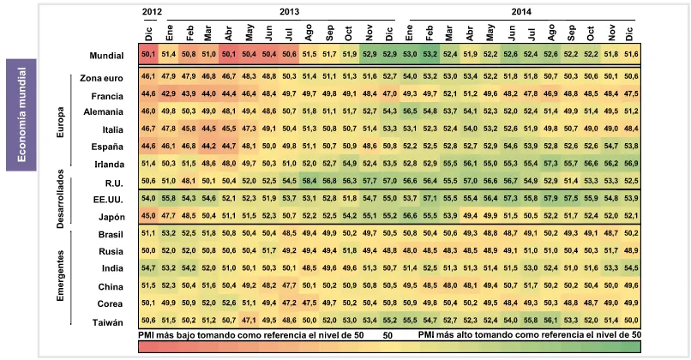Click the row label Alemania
pyautogui.click(x=107, y=112)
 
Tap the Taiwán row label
pyautogui.click(x=111, y=321)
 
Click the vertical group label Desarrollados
pyautogui.click(x=63, y=196)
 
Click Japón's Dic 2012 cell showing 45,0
pyautogui.click(x=147, y=216)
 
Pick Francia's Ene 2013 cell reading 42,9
pyautogui.click(x=168, y=93)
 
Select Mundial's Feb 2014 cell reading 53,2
pyautogui.click(x=430, y=56)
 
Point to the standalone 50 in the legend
pyautogui.click(x=388, y=335)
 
